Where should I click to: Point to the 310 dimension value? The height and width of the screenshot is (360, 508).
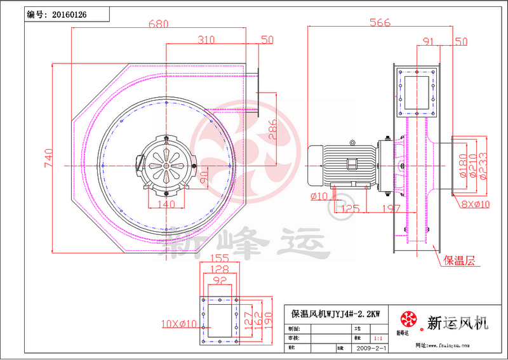206,39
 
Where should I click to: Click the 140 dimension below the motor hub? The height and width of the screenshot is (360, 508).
165,204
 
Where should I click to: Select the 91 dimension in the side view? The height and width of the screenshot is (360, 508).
428,42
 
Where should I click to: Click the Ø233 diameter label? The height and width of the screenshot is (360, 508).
483,166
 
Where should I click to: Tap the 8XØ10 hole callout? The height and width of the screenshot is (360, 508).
476,204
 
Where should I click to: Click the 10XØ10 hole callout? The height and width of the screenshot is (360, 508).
178,324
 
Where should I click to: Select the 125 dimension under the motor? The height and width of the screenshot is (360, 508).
352,208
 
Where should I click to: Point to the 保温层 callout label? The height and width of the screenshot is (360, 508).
459,260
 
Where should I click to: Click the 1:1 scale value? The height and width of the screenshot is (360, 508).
379,340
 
